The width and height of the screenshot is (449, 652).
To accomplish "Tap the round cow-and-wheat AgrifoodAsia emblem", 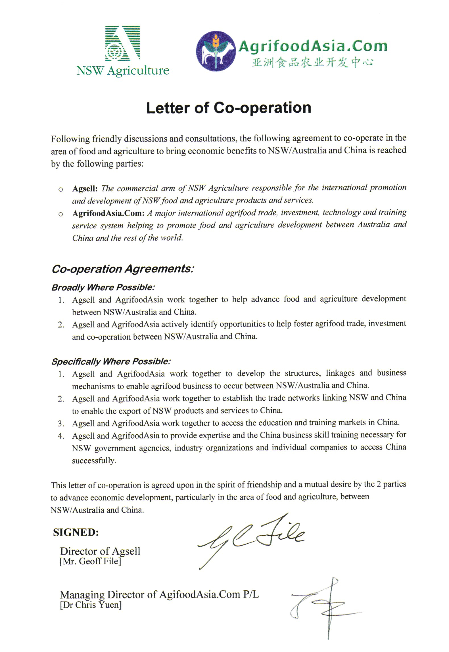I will [216, 51].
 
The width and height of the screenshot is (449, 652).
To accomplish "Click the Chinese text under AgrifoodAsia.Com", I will [312, 62].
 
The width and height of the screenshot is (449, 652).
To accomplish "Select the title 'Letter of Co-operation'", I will [229, 108].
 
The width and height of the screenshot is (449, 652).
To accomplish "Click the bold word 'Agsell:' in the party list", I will [85, 189].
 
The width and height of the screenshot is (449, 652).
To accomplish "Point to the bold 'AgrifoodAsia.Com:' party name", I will [108, 213].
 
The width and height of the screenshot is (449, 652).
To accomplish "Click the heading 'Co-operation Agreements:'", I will [123, 269].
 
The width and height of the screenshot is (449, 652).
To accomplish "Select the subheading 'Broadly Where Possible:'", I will [103, 287].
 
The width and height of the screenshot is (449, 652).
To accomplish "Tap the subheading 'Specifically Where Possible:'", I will [111, 361].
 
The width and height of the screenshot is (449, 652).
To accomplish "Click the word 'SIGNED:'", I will [76, 533].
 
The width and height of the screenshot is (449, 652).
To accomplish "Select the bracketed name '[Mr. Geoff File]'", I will [90, 561].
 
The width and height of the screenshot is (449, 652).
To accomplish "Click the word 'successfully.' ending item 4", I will [94, 460].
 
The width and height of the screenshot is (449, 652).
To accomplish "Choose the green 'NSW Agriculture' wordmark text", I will [123, 70].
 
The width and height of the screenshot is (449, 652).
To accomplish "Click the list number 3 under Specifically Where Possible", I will [61, 424].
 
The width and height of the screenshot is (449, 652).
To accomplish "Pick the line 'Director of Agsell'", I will [100, 551].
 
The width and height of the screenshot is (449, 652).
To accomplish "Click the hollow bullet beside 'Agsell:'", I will [60, 189].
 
